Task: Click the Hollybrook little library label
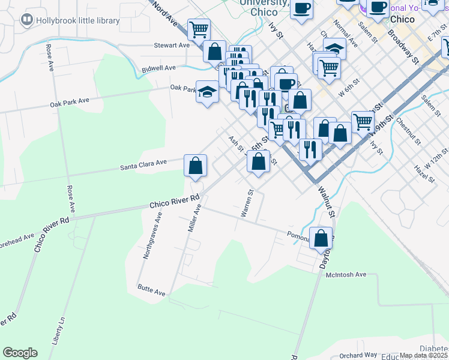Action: [x=77, y=20]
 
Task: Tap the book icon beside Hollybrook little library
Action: [x=26, y=20]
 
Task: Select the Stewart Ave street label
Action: [x=172, y=45]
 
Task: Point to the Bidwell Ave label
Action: [x=158, y=69]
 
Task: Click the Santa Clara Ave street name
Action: [x=143, y=163]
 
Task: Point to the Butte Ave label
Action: [x=151, y=292]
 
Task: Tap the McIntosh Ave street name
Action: [x=346, y=274]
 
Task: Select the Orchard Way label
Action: [x=357, y=355]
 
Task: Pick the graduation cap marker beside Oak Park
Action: [x=208, y=92]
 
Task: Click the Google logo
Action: [x=20, y=353]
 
